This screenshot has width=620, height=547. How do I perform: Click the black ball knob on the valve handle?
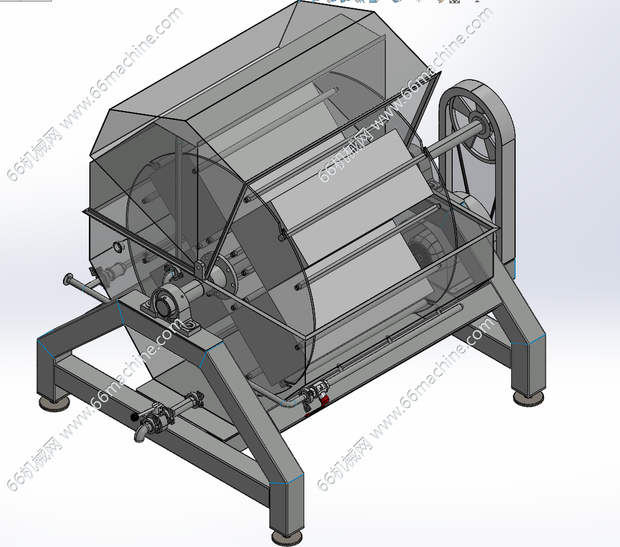(x=135, y=417)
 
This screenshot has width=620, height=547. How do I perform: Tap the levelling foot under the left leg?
(x=54, y=403)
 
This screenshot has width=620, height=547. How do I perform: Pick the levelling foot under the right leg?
(x=529, y=398)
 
